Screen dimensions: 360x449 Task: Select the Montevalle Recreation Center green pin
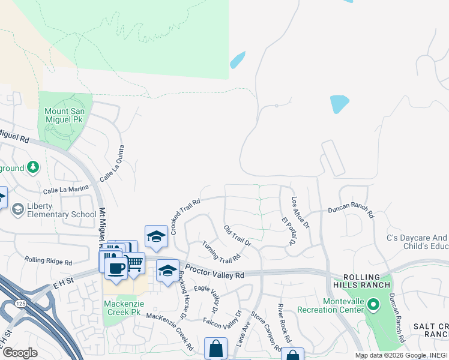pyautogui.click(x=373, y=305)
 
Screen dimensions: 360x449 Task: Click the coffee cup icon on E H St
pyautogui.click(x=116, y=267)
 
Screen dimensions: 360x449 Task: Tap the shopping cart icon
pyautogui.click(x=134, y=262)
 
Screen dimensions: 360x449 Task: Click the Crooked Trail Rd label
pyautogui.click(x=184, y=216)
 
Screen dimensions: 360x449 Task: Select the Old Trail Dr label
pyautogui.click(x=237, y=236)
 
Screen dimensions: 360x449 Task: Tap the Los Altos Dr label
pyautogui.click(x=300, y=212)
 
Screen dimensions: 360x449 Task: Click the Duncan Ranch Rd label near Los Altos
pyautogui.click(x=351, y=212)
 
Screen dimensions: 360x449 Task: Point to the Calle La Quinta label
pyautogui.click(x=112, y=163)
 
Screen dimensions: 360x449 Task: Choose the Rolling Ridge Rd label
pyautogui.click(x=48, y=261)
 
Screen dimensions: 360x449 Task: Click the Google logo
pyautogui.click(x=20, y=353)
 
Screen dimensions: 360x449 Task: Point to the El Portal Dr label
pyautogui.click(x=289, y=231)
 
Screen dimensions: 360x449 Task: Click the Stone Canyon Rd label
pyautogui.click(x=265, y=331)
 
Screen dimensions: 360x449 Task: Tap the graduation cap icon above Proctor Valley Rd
pyautogui.click(x=156, y=236)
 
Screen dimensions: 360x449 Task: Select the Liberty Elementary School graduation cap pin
pyautogui.click(x=19, y=209)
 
